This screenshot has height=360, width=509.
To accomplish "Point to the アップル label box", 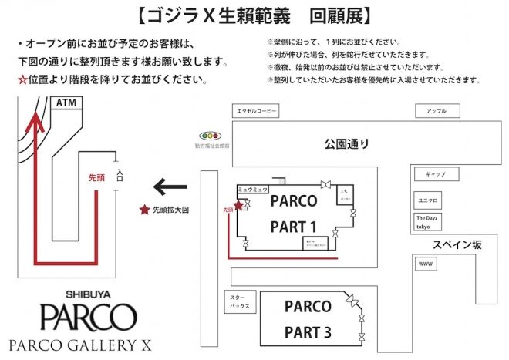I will coord(436,111).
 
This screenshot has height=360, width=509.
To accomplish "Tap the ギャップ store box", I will coord(430,173).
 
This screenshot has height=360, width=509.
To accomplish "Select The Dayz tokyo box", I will coord(428,221).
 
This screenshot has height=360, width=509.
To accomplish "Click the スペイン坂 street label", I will coord(456,244).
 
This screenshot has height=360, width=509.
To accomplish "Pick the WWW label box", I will coord(426,264).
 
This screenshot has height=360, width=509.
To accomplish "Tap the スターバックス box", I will coord(238,301).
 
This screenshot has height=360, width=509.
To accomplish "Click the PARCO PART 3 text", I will coord(307,319).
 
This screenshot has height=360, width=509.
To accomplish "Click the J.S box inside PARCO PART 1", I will coord(345,194).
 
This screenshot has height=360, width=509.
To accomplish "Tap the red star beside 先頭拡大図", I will coord(143,209).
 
